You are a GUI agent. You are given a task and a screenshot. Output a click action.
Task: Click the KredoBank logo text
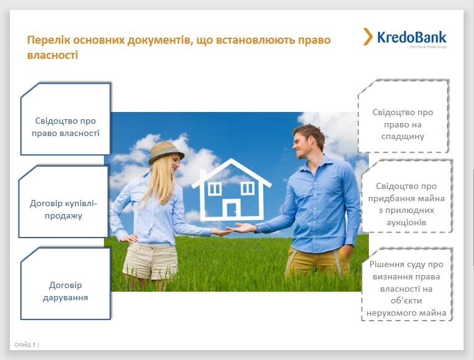click(412, 38)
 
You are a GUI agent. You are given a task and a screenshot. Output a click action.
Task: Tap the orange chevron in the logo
click(368, 36)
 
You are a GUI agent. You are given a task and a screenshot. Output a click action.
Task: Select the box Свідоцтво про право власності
click(66, 119)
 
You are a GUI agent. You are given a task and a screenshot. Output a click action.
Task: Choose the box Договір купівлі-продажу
click(63, 201)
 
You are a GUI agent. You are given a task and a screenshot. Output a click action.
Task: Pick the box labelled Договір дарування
click(66, 284)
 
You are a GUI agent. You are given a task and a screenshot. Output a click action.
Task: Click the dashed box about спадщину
click(403, 116)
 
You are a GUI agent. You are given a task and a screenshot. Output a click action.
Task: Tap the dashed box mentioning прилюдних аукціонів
click(406, 196)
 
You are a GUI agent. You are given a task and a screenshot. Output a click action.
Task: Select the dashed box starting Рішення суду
click(406, 285)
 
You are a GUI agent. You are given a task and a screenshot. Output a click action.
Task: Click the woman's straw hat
click(165, 152)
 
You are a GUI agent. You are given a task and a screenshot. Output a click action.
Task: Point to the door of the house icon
click(232, 209)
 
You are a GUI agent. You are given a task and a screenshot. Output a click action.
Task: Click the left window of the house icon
click(215, 189)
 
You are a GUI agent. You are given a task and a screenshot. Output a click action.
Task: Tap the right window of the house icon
click(248, 188)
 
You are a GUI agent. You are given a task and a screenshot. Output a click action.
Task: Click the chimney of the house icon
click(203, 175)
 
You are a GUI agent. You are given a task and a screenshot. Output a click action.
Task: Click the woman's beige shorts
click(150, 260)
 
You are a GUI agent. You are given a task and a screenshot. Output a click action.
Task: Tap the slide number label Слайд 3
click(25, 345)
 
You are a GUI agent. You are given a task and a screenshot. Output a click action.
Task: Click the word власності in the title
click(53, 55)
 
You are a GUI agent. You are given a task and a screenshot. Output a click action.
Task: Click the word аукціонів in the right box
click(406, 222)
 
